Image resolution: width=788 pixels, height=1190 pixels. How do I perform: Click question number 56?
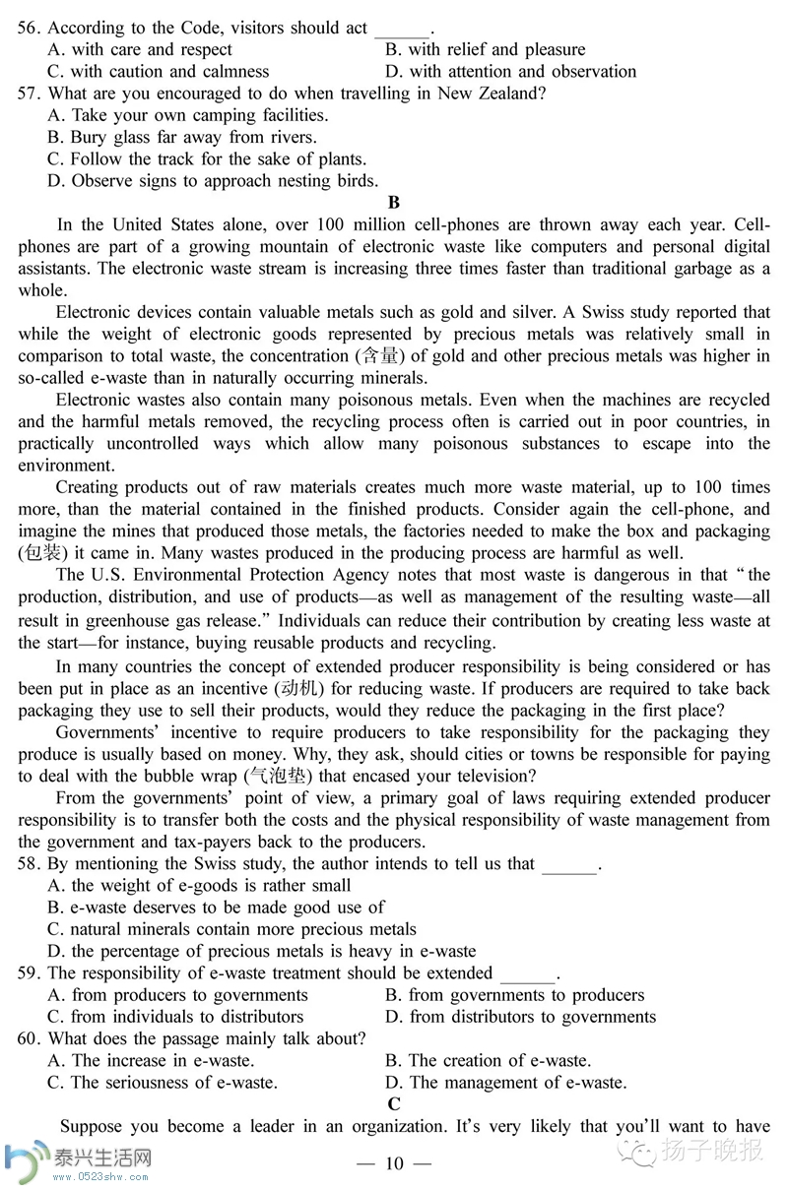pyautogui.click(x=29, y=29)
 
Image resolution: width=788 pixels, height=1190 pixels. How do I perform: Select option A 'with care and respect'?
pyautogui.click(x=140, y=50)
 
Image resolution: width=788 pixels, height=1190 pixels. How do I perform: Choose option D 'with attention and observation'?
pyautogui.click(x=511, y=72)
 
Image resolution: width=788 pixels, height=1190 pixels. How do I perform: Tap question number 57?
pyautogui.click(x=29, y=94)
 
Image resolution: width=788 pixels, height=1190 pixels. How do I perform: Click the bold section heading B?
pyautogui.click(x=394, y=204)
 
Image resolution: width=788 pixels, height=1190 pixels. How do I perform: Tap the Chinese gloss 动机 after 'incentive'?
pyautogui.click(x=336, y=689)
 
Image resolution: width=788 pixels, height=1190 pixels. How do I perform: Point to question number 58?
pyautogui.click(x=29, y=864)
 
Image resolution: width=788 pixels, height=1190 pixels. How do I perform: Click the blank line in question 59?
pyautogui.click(x=528, y=974)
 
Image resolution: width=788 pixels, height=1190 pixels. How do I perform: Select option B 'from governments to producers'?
pyautogui.click(x=514, y=995)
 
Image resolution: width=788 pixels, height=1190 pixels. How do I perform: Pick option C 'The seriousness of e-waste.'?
pyautogui.click(x=163, y=1083)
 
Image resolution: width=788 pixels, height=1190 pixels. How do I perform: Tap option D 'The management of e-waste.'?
pyautogui.click(x=505, y=1083)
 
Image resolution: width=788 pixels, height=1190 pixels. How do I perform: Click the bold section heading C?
pyautogui.click(x=394, y=1104)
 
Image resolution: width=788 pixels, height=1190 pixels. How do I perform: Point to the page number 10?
pyautogui.click(x=394, y=1164)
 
